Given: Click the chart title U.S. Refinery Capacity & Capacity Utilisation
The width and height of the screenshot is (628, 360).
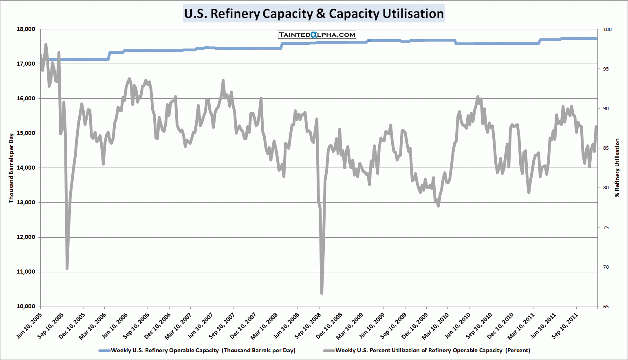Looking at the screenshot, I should click(x=314, y=13).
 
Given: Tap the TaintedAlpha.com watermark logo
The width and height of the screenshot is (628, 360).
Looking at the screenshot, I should click(x=317, y=35).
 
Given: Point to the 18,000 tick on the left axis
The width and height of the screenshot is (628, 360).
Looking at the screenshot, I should click(x=26, y=29).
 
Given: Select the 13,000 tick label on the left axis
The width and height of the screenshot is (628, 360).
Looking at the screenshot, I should click(x=26, y=203).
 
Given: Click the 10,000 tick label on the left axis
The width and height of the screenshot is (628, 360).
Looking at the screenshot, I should click(x=26, y=307).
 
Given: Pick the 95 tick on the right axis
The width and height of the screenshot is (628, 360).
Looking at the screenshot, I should click(x=606, y=69).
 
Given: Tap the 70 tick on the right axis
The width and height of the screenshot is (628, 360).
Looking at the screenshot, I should click(x=606, y=267).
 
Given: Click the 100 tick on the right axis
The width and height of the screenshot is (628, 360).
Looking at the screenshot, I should click(x=607, y=29).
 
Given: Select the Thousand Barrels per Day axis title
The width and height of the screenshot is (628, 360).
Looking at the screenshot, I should click(x=11, y=168).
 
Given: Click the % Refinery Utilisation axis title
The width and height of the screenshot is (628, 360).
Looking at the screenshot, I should click(x=617, y=168).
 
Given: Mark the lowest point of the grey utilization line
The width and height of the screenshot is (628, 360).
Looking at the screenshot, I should click(x=322, y=293).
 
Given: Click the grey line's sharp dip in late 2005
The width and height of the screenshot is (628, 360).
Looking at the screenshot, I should click(x=67, y=268).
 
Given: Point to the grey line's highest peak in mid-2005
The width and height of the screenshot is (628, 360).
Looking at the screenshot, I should click(x=46, y=44).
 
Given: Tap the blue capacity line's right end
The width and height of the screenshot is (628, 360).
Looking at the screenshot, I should click(x=596, y=39).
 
